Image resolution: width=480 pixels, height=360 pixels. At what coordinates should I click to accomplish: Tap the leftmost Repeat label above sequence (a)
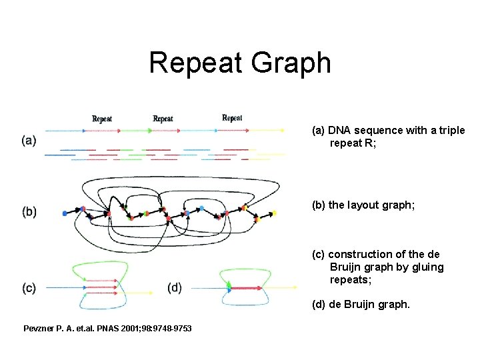click(x=102, y=119)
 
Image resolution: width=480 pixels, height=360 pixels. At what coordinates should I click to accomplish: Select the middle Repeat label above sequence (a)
click(x=163, y=119)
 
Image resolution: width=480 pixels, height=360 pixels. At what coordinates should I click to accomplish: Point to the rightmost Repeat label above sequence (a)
click(x=232, y=118)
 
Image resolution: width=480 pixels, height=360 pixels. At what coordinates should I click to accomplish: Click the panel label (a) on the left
click(x=29, y=141)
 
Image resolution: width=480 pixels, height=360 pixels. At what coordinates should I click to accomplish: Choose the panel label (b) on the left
click(x=29, y=212)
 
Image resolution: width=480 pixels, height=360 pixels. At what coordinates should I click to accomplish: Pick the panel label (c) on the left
click(x=29, y=288)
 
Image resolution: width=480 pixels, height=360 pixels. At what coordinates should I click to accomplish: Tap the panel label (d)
click(x=175, y=288)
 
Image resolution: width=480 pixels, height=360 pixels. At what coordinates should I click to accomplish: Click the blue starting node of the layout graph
click(x=65, y=213)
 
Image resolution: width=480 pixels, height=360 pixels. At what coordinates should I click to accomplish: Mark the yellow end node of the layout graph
click(x=274, y=214)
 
